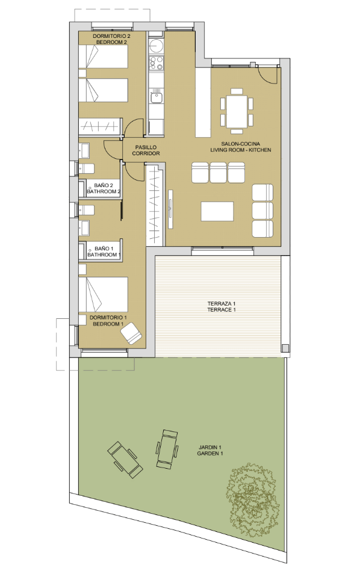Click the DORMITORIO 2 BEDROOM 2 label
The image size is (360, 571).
(x=111, y=39)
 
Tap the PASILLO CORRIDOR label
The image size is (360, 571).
(x=146, y=150)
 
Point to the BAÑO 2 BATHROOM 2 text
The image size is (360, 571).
(x=104, y=188)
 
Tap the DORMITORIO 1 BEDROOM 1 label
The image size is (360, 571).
(x=108, y=320)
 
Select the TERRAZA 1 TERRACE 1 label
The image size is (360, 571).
(x=217, y=306)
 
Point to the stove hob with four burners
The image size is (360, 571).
(x=157, y=63)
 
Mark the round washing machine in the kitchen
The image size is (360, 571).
(x=157, y=46)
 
